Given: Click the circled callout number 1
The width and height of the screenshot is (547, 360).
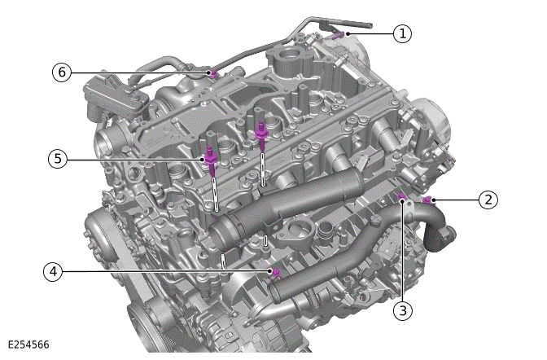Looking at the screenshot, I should tap(401, 33).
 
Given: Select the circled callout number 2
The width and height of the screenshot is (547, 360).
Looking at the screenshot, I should tap(488, 200).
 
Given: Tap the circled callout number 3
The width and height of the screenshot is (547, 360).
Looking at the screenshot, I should tap(402, 310).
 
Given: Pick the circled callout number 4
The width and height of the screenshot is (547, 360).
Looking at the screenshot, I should tap(55, 271).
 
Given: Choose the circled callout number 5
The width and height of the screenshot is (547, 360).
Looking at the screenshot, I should tap(56, 159).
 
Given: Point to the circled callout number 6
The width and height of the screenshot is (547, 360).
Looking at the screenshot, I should tap(62, 72).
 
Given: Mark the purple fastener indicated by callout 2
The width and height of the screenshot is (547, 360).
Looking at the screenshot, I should tap(426, 200).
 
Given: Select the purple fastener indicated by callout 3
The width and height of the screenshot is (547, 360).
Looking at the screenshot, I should tap(400, 196).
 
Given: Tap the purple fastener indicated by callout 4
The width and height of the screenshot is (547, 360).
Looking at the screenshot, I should tap(275, 271).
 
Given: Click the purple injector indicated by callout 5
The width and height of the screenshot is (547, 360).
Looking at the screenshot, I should tap(211, 160).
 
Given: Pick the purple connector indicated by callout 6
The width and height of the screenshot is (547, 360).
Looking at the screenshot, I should tap(212, 73).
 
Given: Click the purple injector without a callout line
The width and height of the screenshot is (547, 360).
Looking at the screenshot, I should tap(261, 133).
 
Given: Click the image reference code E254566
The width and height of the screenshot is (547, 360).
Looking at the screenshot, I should tap(28, 345).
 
